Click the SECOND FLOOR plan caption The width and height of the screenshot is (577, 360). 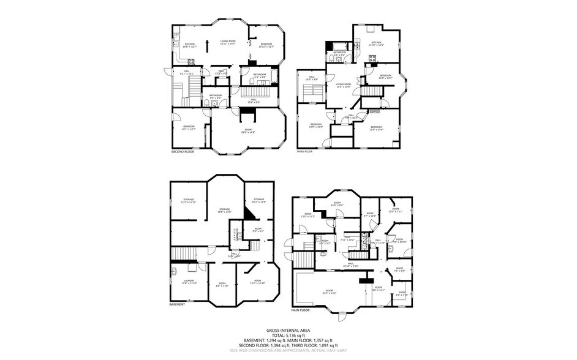click(183, 151)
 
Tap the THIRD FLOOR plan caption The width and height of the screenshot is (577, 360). click(305, 151)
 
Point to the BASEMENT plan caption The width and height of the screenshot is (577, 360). click(177, 304)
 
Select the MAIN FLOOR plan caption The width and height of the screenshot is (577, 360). click(301, 310)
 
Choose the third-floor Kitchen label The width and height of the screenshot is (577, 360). click(375, 44)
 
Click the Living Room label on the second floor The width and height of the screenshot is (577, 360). click(228, 42)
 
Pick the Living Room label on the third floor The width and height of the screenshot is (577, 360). click(343, 85)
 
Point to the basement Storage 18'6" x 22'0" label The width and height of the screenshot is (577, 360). click(225, 211)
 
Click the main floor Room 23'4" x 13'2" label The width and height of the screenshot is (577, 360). click(330, 291)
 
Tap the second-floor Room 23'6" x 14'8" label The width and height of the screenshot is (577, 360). click(248, 131)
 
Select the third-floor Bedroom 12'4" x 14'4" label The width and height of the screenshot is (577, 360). click(375, 128)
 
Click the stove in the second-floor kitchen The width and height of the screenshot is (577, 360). click(191, 61)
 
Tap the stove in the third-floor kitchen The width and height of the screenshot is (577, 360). click(372, 58)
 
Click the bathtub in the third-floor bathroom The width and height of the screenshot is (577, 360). click(338, 46)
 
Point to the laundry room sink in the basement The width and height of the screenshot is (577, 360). click(175, 270)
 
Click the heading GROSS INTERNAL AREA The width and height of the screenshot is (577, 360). click(288, 331)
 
